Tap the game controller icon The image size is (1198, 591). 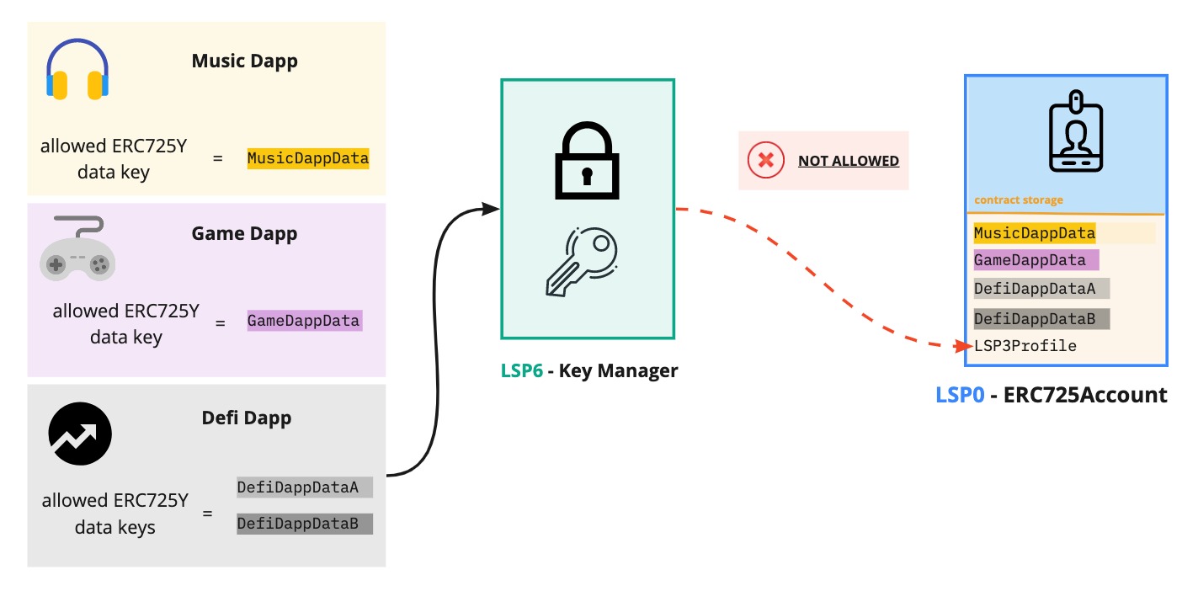pos(77,248)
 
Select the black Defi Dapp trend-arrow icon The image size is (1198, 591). pos(80,434)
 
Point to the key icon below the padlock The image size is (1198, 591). pos(582,263)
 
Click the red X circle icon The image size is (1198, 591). pos(765,160)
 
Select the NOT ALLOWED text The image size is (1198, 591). pos(848,161)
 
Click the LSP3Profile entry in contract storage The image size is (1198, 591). pos(1025,346)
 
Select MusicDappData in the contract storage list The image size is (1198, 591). pos(1035,233)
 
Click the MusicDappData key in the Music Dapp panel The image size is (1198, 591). pos(308,158)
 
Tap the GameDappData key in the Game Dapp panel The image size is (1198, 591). pos(304,321)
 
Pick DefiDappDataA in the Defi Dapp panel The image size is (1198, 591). pos(298,487)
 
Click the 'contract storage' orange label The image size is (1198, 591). pos(1018,200)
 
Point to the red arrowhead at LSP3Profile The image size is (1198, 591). pos(966,345)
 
